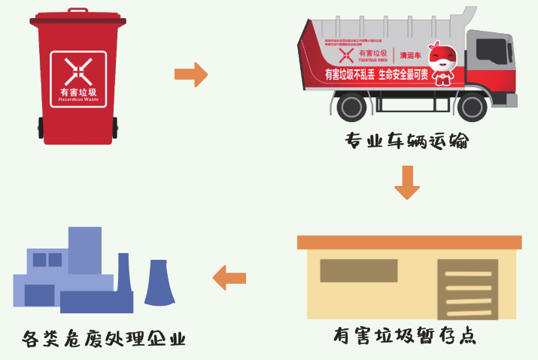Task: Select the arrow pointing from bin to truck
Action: point(190,74)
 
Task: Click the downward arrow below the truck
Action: point(407,182)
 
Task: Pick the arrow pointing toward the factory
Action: point(229,277)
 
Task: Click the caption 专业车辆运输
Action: point(406,141)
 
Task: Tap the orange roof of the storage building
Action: point(409,242)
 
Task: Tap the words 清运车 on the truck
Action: point(409,55)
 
